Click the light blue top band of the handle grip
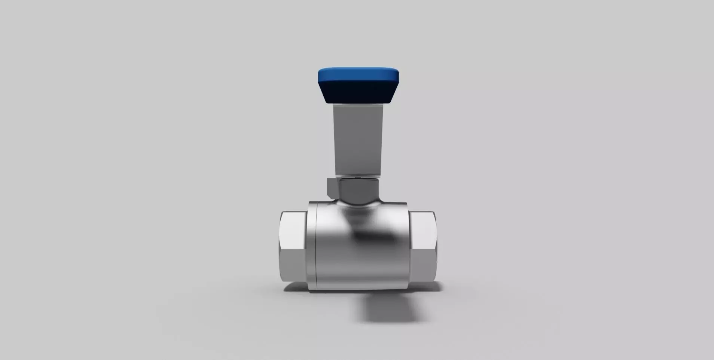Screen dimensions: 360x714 point(358,75)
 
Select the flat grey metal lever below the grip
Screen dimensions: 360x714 point(358,138)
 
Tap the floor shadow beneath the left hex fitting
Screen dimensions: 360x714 point(296,288)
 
